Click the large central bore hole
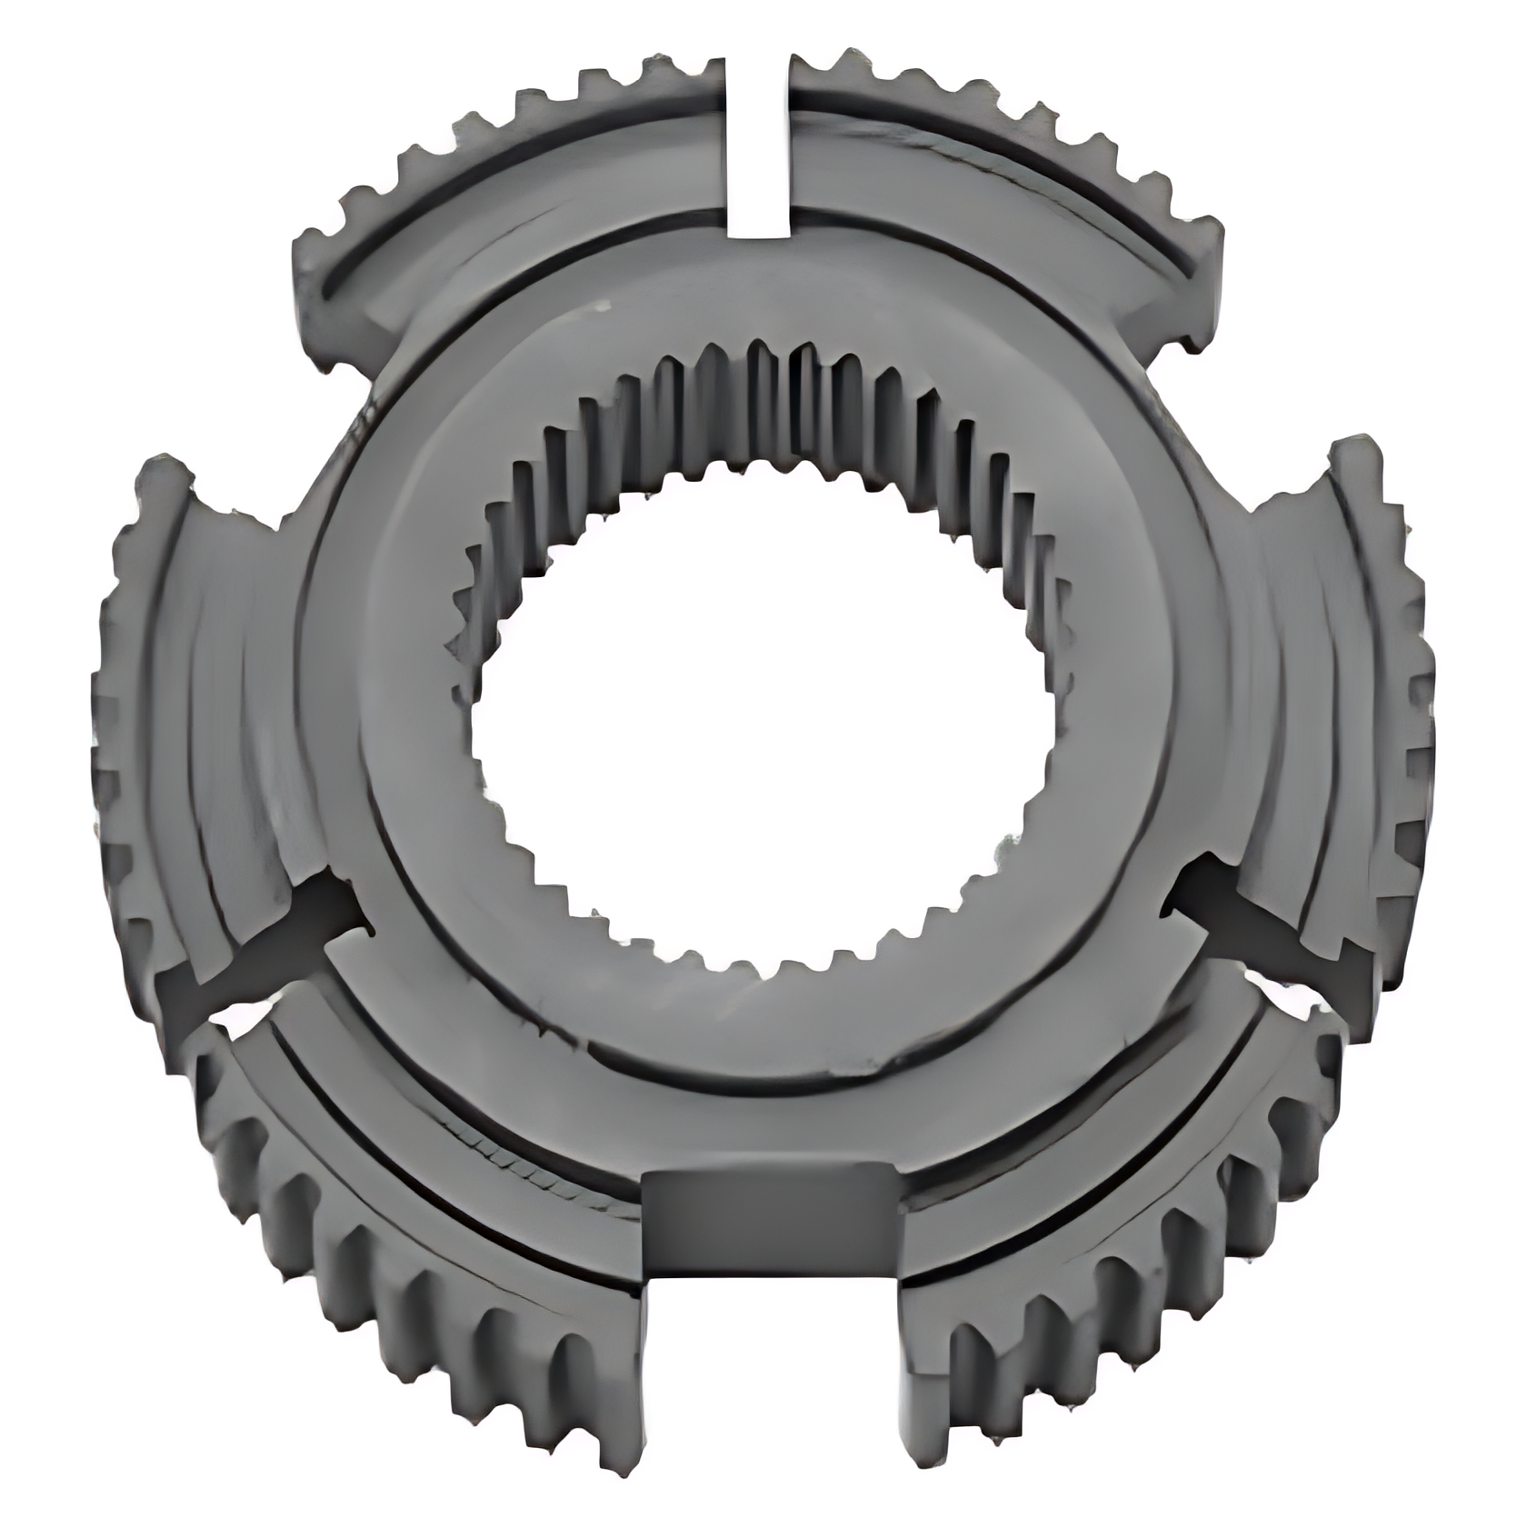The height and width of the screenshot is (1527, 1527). pos(763,718)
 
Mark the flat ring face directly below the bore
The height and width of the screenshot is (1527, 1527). pos(763,1027)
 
